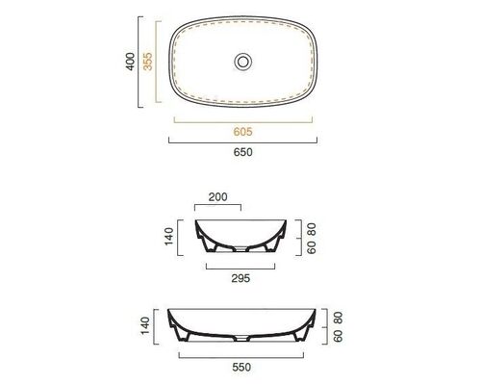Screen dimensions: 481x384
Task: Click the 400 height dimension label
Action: click(130, 62)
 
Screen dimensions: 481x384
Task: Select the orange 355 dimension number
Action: click(147, 62)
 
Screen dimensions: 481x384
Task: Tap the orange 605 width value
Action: click(242, 132)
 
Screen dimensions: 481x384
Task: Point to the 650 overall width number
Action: click(242, 152)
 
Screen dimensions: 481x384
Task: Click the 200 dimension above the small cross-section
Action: click(218, 196)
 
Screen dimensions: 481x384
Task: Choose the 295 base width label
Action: click(240, 278)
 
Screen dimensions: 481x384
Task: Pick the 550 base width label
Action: click(241, 367)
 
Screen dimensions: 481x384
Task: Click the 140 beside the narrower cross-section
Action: click(168, 237)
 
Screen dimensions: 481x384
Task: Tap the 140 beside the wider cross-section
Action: click(145, 325)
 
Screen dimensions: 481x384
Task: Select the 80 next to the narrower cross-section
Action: click(312, 229)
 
